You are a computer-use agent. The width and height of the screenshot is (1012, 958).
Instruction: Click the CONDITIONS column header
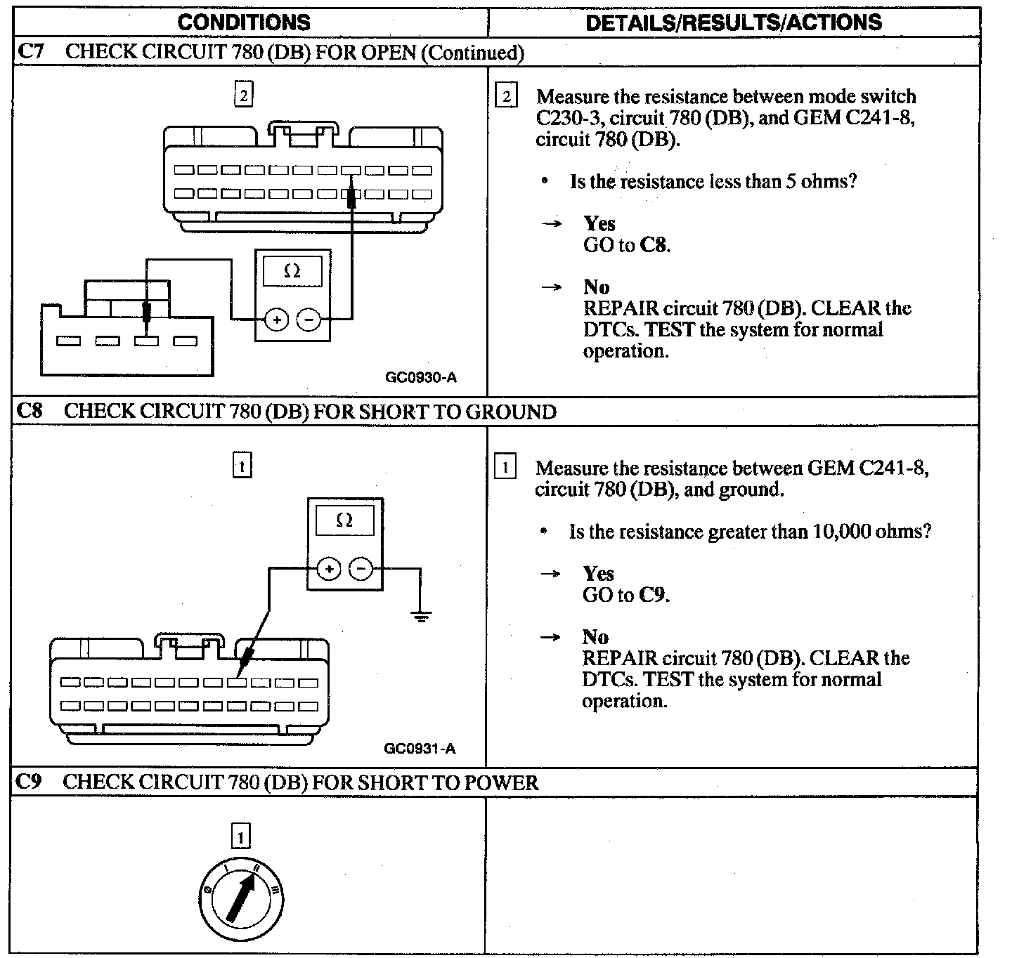coord(244,22)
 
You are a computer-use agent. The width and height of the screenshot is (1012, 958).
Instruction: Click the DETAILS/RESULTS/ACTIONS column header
coord(733,22)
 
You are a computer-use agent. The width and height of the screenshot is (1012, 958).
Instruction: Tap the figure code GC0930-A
coord(421,378)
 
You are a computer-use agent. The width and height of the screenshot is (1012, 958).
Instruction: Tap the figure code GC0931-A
coord(420,749)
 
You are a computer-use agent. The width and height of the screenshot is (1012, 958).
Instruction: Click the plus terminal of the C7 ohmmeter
coord(277,320)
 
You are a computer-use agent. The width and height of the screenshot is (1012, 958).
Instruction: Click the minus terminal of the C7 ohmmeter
coord(309,320)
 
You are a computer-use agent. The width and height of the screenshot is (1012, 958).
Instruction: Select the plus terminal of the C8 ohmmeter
coord(328,568)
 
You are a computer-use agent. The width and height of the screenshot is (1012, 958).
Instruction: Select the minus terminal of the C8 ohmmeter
coord(361,568)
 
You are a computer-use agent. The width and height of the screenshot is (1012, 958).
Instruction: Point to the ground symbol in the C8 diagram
coord(421,616)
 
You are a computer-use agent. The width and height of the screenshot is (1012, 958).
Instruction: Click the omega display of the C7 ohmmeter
coord(292,271)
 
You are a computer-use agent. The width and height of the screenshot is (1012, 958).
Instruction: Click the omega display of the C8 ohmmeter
coord(344,520)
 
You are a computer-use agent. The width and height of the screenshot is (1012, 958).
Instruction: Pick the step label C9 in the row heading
coord(29,782)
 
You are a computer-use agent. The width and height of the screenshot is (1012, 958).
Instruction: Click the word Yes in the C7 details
coord(599,223)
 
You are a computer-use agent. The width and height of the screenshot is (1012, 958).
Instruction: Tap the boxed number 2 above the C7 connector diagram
coord(243,94)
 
